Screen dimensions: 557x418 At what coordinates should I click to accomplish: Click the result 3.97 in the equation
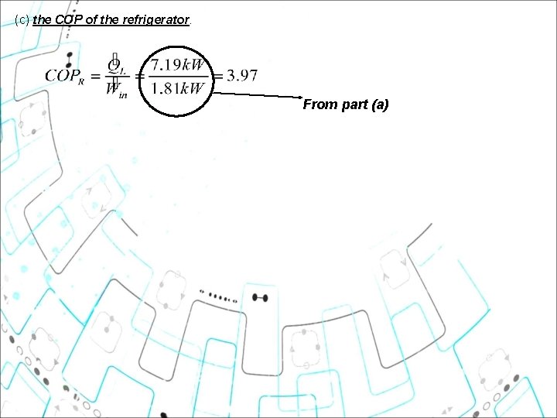pyautogui.click(x=242, y=76)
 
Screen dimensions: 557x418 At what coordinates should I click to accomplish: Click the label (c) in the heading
pyautogui.click(x=22, y=21)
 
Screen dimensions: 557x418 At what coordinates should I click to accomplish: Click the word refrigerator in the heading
pyautogui.click(x=155, y=21)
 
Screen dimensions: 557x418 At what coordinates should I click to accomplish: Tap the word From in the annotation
pyautogui.click(x=319, y=104)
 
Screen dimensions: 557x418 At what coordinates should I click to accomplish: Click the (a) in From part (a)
pyautogui.click(x=380, y=104)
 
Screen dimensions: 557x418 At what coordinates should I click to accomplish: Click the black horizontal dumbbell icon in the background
pyautogui.click(x=260, y=297)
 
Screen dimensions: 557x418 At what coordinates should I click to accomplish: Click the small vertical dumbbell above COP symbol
pyautogui.click(x=70, y=60)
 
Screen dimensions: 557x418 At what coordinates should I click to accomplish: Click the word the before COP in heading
pyautogui.click(x=43, y=21)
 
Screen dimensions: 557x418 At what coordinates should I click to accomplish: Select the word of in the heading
pyautogui.click(x=91, y=21)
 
